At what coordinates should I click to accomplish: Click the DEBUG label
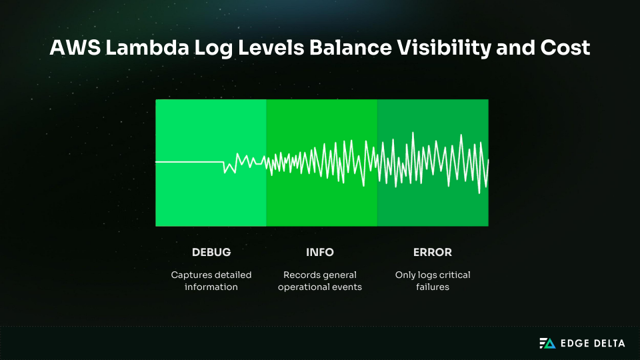point(211,253)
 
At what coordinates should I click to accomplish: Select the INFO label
point(320,253)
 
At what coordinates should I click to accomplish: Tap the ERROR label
point(433,253)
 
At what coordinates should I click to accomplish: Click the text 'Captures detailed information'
point(211,281)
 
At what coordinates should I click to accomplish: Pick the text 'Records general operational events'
point(320,281)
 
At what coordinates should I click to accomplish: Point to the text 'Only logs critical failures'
point(433,281)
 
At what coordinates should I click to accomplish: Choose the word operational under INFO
point(305,287)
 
